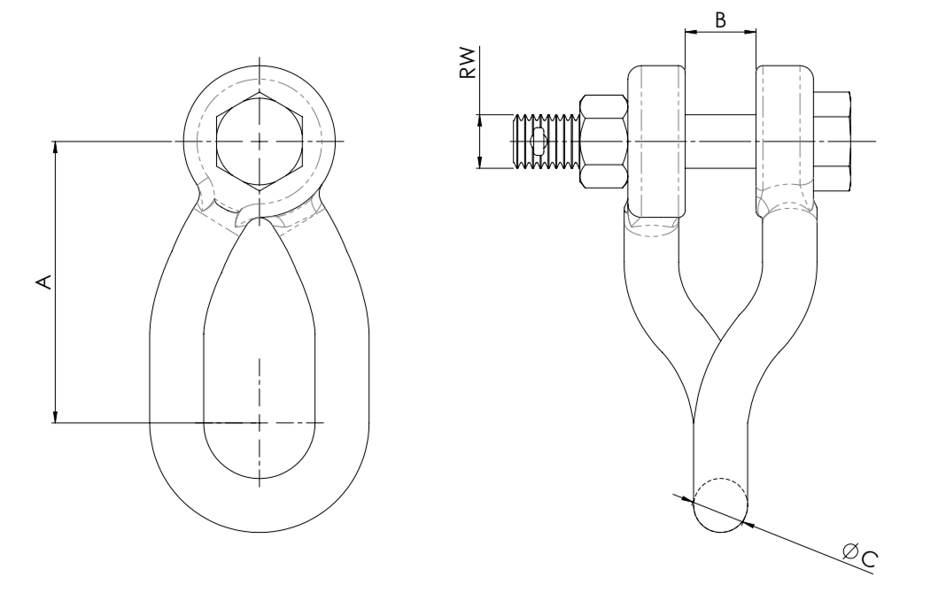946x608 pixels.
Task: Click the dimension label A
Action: point(44,281)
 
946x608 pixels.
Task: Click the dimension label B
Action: point(720,20)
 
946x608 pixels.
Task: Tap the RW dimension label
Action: point(469,63)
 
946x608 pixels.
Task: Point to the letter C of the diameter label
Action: point(869,560)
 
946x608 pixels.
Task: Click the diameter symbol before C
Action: point(851,550)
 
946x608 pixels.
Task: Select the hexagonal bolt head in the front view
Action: point(260,142)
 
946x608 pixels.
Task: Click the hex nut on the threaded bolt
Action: point(603,141)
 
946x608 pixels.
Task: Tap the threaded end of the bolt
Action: point(547,141)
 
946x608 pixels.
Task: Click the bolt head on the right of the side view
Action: point(834,141)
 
